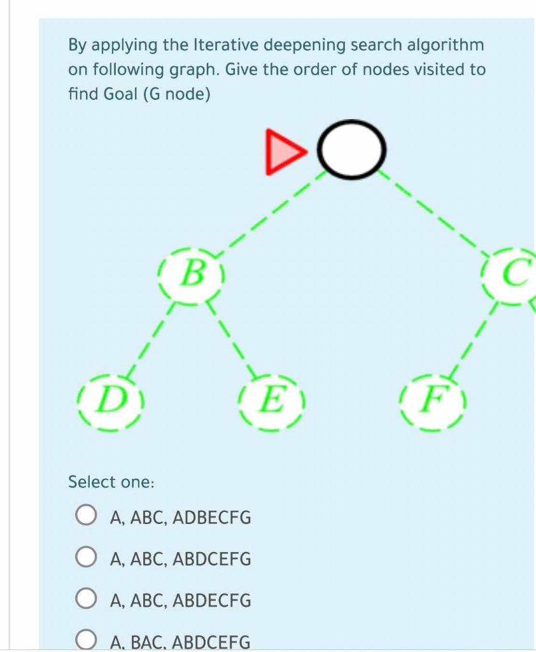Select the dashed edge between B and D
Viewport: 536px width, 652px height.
149,340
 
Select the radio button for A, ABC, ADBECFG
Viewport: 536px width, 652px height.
86,516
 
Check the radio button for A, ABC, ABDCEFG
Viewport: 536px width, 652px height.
86,558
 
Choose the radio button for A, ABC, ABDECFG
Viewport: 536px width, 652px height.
86,599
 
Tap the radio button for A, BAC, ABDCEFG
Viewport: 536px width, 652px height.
86,641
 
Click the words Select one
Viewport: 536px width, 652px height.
111,482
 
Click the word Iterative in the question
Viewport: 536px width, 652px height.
220,45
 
